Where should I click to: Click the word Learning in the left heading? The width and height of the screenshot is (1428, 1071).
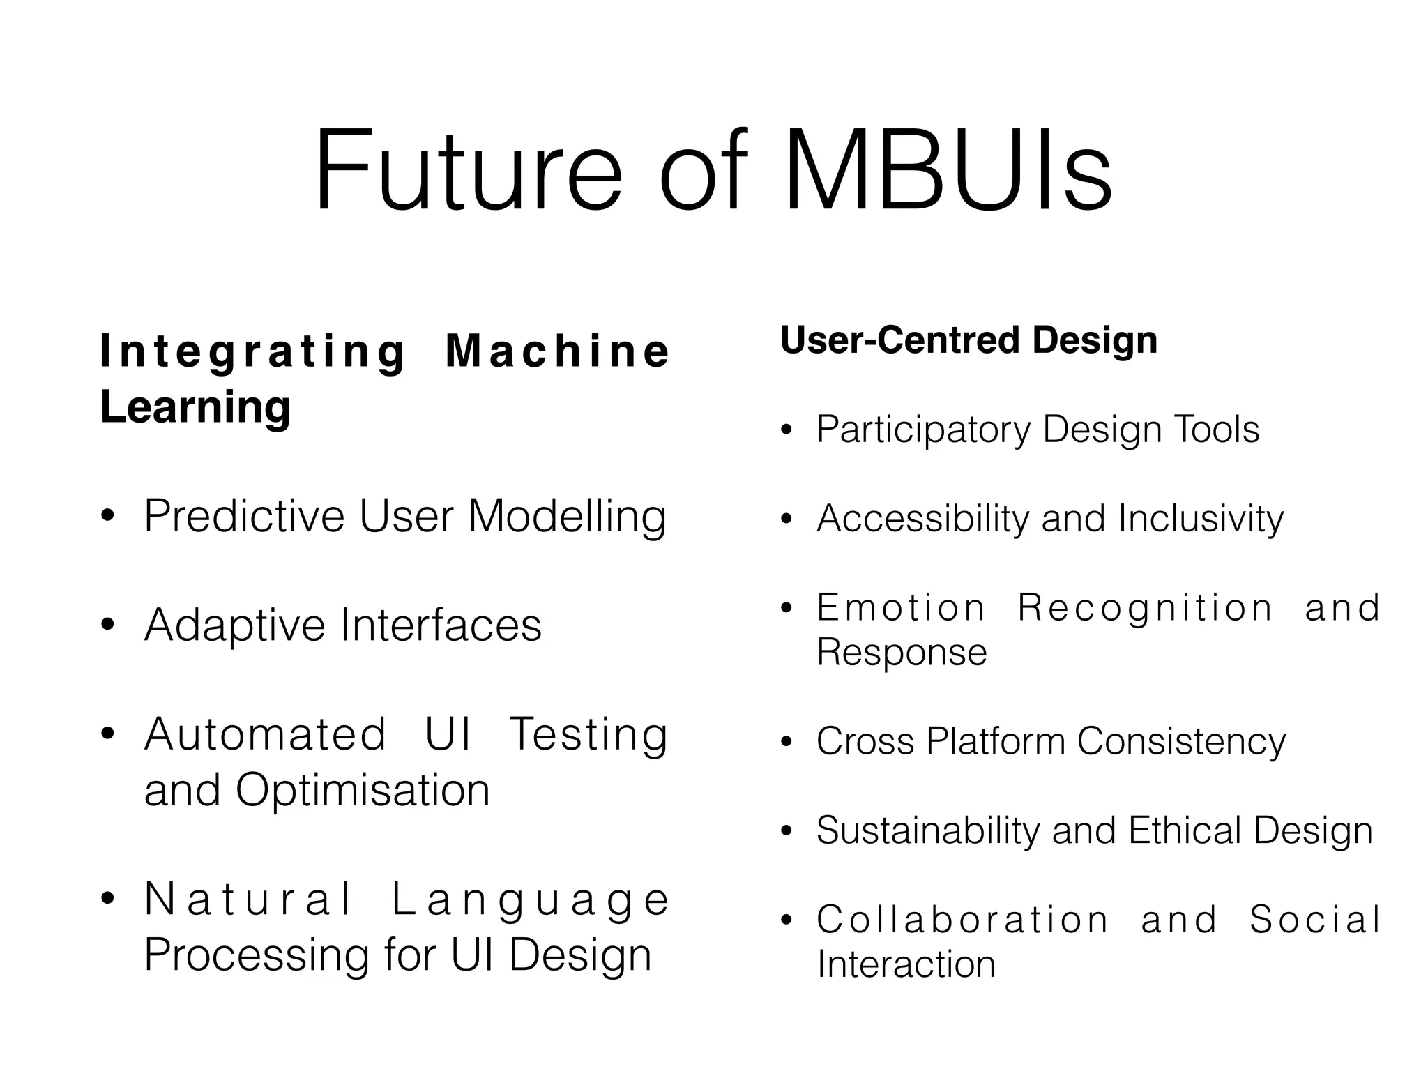pyautogui.click(x=195, y=407)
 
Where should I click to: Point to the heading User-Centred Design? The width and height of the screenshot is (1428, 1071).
pyautogui.click(x=969, y=340)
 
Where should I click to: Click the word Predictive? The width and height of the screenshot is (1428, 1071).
pyautogui.click(x=245, y=517)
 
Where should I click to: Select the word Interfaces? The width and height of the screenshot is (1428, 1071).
pyautogui.click(x=441, y=625)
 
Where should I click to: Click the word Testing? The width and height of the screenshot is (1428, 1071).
pyautogui.click(x=588, y=735)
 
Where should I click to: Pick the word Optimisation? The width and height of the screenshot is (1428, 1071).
pyautogui.click(x=363, y=790)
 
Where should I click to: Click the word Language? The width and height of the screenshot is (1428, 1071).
pyautogui.click(x=529, y=899)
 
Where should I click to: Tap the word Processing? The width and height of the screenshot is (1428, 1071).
pyautogui.click(x=257, y=955)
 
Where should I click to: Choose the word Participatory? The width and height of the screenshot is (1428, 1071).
pyautogui.click(x=923, y=430)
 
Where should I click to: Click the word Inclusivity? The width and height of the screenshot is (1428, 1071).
pyautogui.click(x=1200, y=519)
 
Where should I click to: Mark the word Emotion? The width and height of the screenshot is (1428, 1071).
pyautogui.click(x=901, y=607)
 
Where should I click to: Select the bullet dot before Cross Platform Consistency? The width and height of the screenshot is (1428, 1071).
pyautogui.click(x=787, y=742)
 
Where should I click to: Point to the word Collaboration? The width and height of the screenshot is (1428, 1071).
pyautogui.click(x=962, y=920)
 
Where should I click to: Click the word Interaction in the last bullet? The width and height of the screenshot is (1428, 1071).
pyautogui.click(x=906, y=965)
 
